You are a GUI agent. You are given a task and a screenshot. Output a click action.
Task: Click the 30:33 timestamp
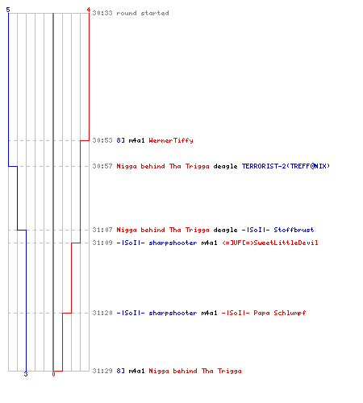(102, 13)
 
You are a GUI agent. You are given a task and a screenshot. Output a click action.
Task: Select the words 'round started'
(143, 13)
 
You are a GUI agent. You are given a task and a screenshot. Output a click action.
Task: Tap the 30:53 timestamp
(102, 140)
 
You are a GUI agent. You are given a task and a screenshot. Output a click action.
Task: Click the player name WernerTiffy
(171, 140)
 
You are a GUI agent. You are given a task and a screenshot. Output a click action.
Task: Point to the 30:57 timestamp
(102, 166)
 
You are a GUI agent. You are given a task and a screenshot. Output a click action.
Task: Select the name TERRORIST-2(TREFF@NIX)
(286, 166)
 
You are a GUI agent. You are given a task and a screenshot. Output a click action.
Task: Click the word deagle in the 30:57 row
(225, 167)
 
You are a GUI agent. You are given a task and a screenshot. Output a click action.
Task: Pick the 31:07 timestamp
(102, 230)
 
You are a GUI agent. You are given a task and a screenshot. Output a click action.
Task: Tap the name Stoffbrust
(294, 230)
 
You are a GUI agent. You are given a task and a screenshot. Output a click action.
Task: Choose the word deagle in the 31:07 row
(225, 231)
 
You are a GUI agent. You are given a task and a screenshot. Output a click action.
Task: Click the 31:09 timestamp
(102, 243)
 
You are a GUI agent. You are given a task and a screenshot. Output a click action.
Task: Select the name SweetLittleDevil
(286, 243)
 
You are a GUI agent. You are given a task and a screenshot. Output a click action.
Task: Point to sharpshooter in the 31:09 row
(173, 243)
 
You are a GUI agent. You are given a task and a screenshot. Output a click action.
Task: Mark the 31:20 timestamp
(102, 313)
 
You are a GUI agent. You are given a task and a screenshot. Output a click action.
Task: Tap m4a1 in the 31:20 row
(209, 313)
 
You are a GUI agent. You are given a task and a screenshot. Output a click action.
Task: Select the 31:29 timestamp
(102, 371)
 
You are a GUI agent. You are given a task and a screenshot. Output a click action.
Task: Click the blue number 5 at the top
(8, 10)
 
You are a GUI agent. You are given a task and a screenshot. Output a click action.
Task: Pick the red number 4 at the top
(89, 10)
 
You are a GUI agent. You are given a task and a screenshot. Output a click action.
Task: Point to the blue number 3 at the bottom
(26, 374)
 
